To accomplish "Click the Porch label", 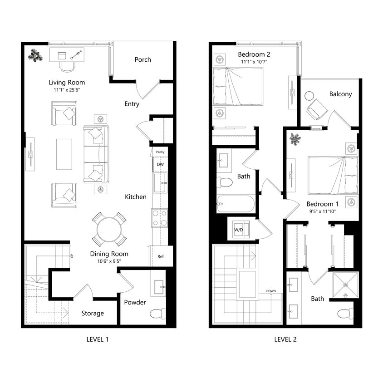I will tap(142, 59).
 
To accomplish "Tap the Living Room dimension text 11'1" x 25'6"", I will tap(67, 90).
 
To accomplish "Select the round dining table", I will tap(109, 229).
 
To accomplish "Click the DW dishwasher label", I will tap(160, 164).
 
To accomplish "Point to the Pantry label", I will tap(160, 152).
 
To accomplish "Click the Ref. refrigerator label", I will tap(161, 256).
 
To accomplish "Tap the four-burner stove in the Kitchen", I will tap(160, 218).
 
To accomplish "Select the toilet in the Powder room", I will tap(157, 313).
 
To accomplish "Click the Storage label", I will tap(93, 313).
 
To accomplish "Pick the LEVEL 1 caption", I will tap(97, 339).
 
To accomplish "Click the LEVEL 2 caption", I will tap(285, 339).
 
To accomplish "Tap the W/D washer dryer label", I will tap(238, 229).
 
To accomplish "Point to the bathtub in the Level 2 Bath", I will tap(235, 204).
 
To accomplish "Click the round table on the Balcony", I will tap(309, 96).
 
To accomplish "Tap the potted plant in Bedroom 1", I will tap(295, 139).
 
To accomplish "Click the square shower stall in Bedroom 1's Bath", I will tap(345, 285).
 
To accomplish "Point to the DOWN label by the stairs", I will tap(271, 291).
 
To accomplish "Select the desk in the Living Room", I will tap(67, 55).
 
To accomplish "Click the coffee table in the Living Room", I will tap(64, 154).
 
